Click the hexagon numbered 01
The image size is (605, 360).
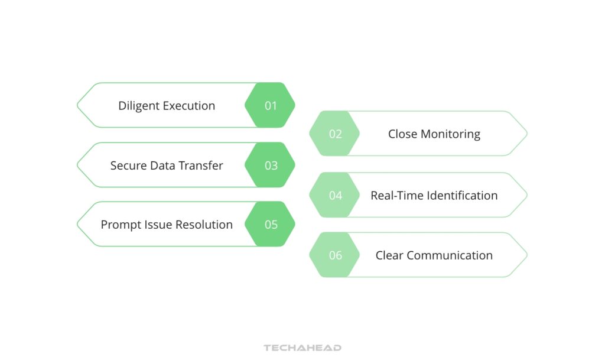pos(270,106)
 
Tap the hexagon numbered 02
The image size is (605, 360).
pos(335,134)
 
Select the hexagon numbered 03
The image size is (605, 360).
pos(270,166)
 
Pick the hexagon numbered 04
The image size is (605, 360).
pos(335,196)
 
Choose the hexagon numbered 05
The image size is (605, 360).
pos(270,225)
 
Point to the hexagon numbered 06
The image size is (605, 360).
pos(335,255)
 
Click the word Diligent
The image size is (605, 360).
pos(139,106)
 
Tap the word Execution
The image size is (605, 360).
pos(189,106)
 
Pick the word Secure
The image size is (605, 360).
pos(128,166)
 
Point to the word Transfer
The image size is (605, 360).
pos(200,166)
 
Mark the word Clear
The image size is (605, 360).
pos(389,255)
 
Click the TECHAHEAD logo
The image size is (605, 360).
pos(302,348)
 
